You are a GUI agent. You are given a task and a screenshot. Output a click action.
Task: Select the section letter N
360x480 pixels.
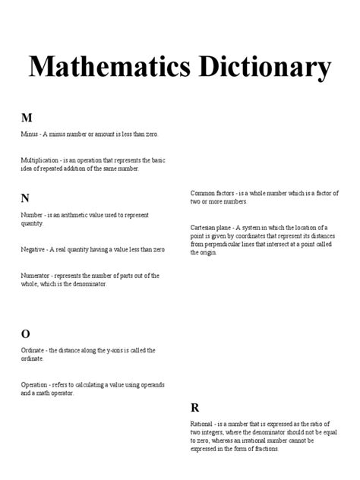click(26, 198)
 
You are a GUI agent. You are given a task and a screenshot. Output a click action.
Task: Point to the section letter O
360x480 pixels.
click(26, 333)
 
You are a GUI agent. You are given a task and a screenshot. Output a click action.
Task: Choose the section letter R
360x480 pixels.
click(194, 407)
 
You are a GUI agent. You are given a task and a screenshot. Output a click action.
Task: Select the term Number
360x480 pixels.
click(31, 216)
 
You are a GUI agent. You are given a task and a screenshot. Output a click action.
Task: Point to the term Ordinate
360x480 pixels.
click(33, 350)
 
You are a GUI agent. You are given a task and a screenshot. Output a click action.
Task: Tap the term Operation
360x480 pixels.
click(35, 386)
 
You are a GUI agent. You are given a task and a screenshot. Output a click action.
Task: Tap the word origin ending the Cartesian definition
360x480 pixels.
click(207, 253)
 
